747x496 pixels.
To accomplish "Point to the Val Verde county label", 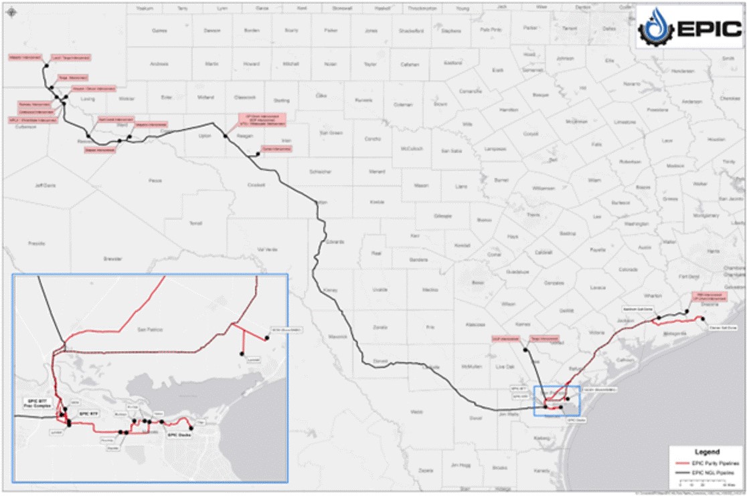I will tap(267, 249).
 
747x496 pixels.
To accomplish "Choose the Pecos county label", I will tap(155, 180).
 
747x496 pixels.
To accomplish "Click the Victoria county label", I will tap(594, 332).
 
